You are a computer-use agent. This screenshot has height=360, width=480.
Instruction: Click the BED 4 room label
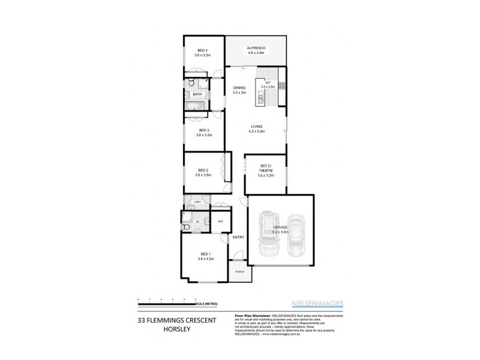click(x=202, y=50)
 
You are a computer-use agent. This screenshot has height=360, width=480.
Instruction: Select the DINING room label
click(x=239, y=88)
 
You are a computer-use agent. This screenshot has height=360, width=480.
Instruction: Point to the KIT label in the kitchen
click(x=268, y=82)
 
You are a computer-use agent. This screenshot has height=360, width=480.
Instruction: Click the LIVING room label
click(x=257, y=125)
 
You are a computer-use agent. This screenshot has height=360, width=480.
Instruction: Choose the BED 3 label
click(x=203, y=130)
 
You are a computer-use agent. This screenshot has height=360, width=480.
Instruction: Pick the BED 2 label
click(x=203, y=170)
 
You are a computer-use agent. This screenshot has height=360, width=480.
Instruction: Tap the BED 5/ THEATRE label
click(x=266, y=169)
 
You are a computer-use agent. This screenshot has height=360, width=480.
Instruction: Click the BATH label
click(x=196, y=94)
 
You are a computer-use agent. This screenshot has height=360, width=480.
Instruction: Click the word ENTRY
click(x=238, y=236)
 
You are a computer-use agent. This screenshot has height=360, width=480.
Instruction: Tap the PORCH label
click(x=240, y=272)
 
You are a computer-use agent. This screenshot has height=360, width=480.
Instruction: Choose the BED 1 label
click(x=205, y=255)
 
